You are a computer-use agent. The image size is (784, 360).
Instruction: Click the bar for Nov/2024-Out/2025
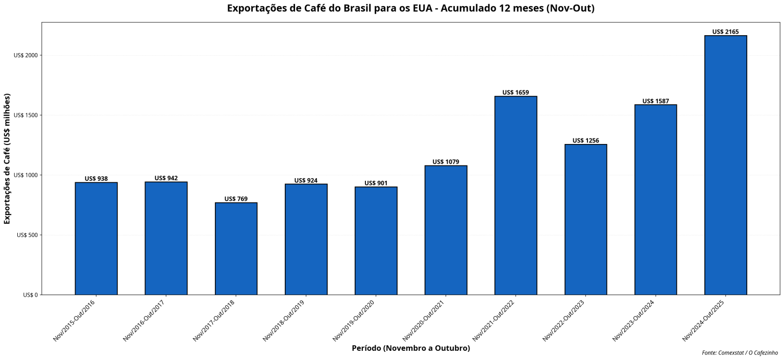(725, 165)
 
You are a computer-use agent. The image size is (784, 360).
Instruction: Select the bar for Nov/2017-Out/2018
(236, 249)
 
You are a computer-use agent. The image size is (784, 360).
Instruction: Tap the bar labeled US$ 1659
(516, 196)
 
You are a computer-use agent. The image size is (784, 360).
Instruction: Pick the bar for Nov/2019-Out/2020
(376, 241)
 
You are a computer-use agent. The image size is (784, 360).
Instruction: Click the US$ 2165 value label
(725, 32)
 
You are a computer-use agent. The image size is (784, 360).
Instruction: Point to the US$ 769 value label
(236, 199)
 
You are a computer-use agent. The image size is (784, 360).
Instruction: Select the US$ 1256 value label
(585, 140)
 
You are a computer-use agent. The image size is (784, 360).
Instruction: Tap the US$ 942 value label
(166, 178)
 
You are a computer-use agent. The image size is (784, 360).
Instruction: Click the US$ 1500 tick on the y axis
(28, 115)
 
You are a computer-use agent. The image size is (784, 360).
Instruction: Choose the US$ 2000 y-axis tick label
(28, 55)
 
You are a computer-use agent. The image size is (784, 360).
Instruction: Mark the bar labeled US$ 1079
(446, 230)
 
